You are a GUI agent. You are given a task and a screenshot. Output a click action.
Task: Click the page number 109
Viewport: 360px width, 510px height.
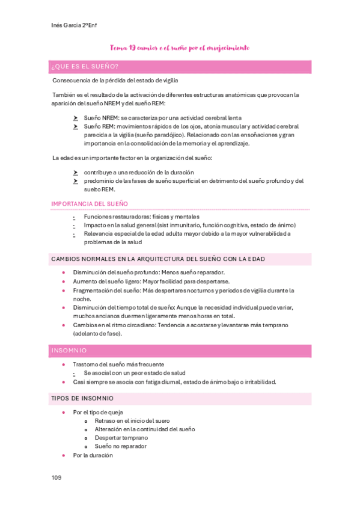point(56,478)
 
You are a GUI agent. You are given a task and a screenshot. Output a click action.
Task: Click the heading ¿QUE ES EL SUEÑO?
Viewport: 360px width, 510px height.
point(85,66)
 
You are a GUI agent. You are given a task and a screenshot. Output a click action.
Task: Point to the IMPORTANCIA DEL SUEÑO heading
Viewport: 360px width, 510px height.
point(90,204)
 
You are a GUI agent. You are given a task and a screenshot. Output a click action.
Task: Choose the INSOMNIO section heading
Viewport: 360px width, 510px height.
point(69,350)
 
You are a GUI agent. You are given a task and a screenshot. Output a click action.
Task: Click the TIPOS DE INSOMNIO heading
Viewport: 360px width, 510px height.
point(82,398)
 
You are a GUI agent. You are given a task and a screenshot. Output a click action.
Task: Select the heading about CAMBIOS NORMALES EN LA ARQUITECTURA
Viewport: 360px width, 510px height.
point(158,259)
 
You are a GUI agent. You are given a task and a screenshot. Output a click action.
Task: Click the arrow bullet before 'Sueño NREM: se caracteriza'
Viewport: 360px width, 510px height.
point(75,118)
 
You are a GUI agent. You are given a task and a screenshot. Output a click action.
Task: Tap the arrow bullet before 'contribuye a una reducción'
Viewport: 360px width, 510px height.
point(75,173)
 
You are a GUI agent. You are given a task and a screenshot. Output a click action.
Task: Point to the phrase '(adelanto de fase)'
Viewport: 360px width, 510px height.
point(97,333)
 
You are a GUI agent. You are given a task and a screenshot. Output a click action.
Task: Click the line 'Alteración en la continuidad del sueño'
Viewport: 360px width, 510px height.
point(144,429)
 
